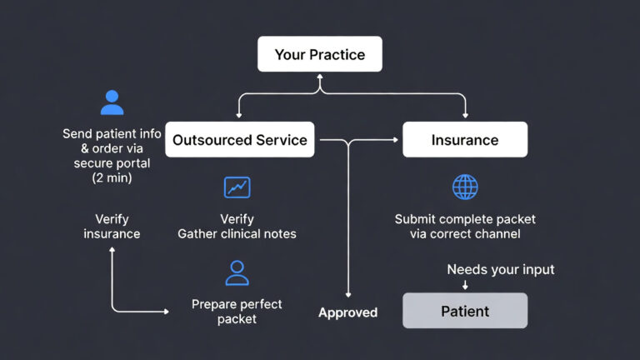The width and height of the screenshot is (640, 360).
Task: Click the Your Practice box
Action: click(x=320, y=54)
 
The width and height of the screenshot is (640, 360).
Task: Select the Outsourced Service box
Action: click(x=240, y=140)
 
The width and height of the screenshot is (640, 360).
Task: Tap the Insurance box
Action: click(x=465, y=140)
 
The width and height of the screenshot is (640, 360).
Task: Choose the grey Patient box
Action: click(x=465, y=311)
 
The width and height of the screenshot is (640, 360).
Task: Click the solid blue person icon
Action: click(x=112, y=102)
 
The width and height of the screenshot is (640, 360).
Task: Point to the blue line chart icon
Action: click(x=237, y=187)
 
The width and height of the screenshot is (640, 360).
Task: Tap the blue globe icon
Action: click(x=465, y=187)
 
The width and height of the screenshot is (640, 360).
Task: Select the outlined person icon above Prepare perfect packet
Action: click(x=237, y=272)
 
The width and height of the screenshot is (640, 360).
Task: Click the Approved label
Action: click(x=347, y=312)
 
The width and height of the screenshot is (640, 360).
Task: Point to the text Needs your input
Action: click(x=500, y=269)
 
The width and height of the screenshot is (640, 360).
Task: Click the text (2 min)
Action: click(x=112, y=178)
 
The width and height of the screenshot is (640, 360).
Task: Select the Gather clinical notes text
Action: click(x=237, y=234)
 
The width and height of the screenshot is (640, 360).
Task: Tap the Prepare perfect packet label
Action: click(x=237, y=312)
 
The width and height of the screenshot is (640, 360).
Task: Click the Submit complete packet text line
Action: click(x=465, y=219)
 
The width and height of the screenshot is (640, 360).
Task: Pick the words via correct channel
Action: click(x=465, y=234)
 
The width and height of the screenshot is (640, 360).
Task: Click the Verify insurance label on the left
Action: click(x=112, y=227)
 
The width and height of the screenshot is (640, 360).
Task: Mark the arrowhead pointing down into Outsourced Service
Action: click(x=240, y=116)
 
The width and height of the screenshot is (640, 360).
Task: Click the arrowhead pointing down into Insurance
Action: click(x=465, y=116)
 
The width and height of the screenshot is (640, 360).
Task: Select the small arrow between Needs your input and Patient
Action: click(x=465, y=286)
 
